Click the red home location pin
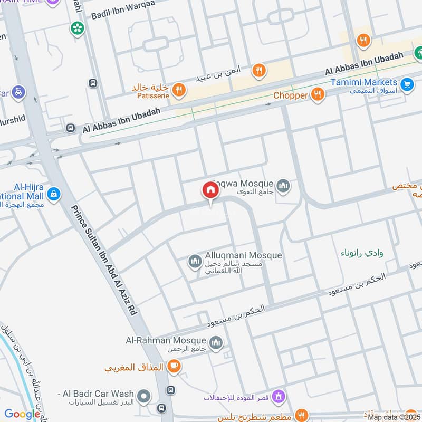pyautogui.click(x=210, y=190)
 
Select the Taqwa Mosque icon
pyautogui.click(x=284, y=186)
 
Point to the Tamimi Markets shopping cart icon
pyautogui.click(x=406, y=84)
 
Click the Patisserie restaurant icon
pyautogui.click(x=179, y=90)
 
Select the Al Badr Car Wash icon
pyautogui.click(x=143, y=396)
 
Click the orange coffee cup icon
pyautogui.click(x=174, y=366)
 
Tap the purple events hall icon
pyautogui.click(x=280, y=396)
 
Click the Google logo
pyautogui.click(x=22, y=414)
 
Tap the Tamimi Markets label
pyautogui.click(x=364, y=82)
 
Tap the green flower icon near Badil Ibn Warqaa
pyautogui.click(x=78, y=28)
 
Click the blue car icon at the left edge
pyautogui.click(x=18, y=91)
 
